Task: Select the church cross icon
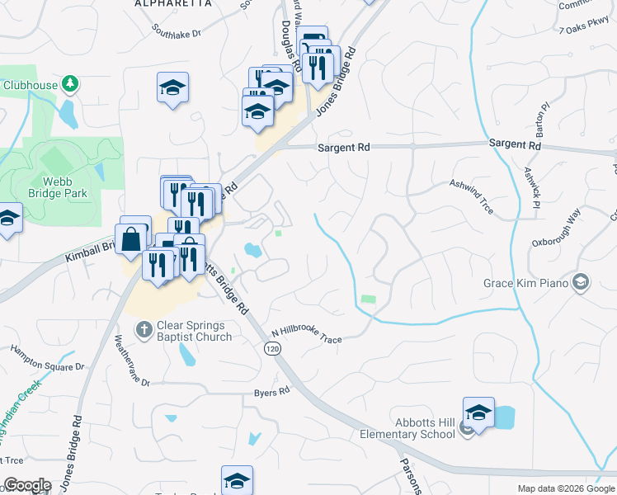click(x=143, y=331)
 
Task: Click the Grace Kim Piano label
click(x=526, y=284)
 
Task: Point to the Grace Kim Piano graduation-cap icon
click(x=581, y=283)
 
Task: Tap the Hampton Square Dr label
click(x=47, y=358)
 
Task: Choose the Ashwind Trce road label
click(x=471, y=197)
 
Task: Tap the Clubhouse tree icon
click(x=71, y=83)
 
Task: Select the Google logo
click(x=27, y=486)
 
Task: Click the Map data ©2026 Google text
click(x=565, y=488)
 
